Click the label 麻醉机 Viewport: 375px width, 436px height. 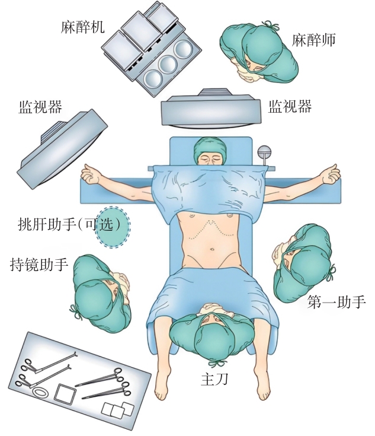click(82, 27)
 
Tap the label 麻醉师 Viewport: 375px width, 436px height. click(313, 40)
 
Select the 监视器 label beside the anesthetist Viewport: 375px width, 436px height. click(290, 106)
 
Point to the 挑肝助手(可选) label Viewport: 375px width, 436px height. click(69, 224)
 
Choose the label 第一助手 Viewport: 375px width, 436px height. click(336, 302)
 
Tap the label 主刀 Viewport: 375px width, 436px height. click(214, 378)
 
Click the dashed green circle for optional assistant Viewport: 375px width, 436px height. click(113, 227)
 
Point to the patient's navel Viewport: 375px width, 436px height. click(211, 249)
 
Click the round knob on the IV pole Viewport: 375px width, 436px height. click(264, 151)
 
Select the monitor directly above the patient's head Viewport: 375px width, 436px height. click(211, 109)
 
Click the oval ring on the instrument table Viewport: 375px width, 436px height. click(40, 392)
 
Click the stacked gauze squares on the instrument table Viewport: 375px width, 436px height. click(117, 409)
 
